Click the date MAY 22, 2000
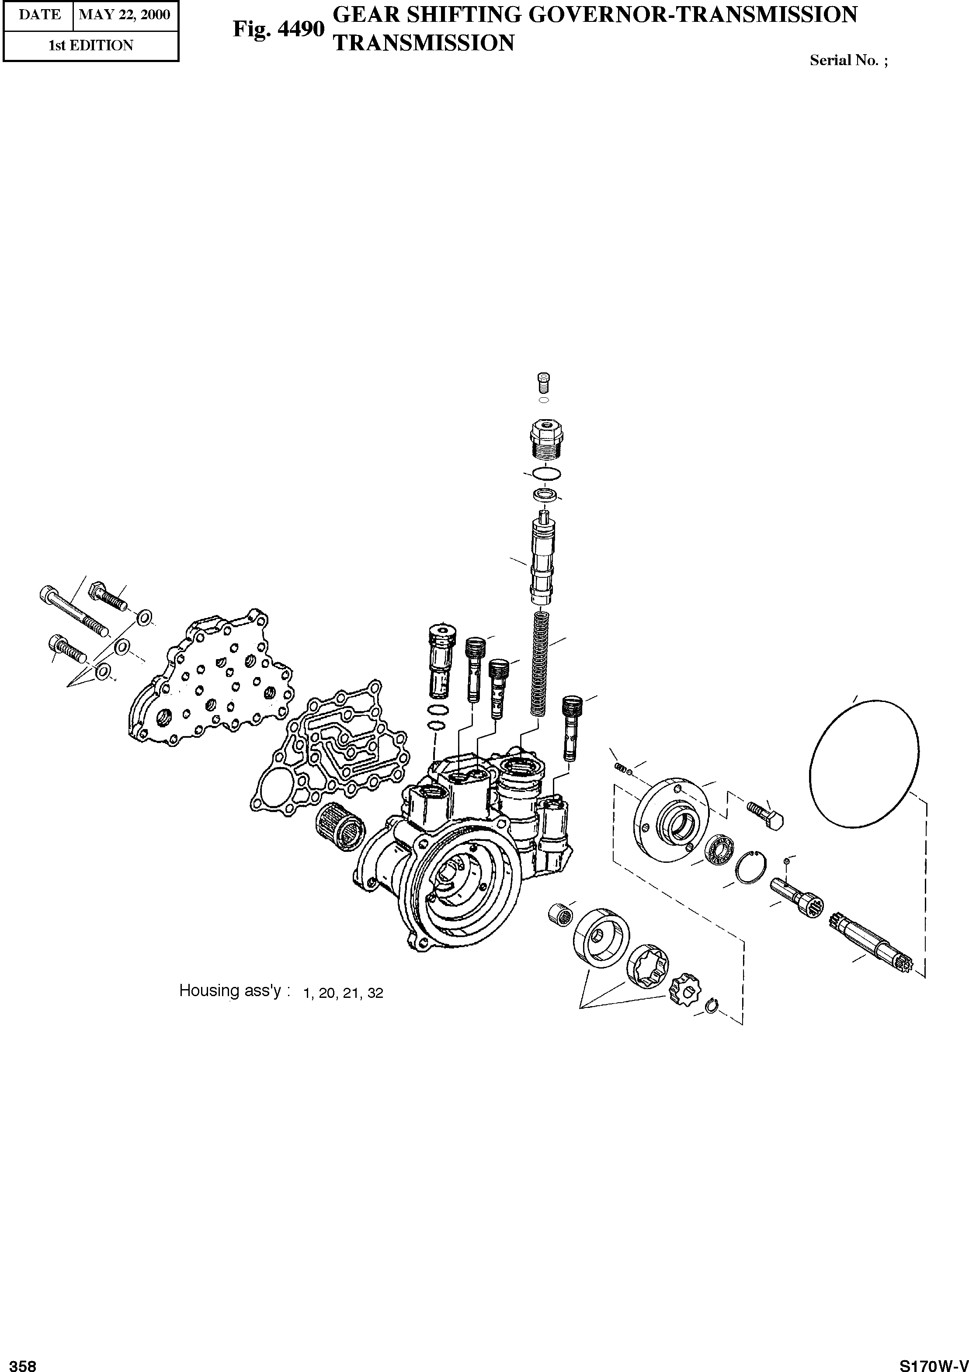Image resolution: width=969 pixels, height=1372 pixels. coord(125,15)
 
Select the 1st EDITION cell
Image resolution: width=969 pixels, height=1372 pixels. coord(91,45)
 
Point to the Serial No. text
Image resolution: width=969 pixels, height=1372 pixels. coord(848,60)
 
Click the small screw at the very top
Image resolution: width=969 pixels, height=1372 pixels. coord(543,380)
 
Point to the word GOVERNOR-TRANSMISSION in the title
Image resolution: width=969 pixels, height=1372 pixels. coord(694,15)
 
